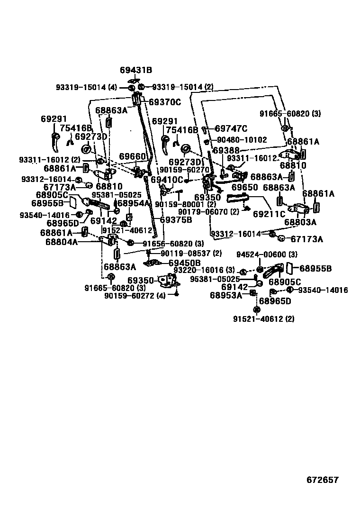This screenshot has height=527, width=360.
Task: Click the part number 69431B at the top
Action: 135,70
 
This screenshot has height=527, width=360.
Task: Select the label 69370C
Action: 165,102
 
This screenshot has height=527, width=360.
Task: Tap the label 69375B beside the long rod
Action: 176,220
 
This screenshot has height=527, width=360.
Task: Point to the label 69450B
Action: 184,263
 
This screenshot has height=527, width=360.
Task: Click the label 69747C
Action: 231,128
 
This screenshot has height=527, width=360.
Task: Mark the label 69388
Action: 226,150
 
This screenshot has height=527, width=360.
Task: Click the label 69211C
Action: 269,214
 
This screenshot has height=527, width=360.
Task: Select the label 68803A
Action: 300,222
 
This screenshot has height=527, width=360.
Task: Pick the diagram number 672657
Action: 322,480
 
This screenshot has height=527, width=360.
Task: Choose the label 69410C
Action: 166,180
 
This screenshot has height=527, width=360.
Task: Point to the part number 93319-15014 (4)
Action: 86,87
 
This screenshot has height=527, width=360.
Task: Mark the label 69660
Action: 133,156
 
